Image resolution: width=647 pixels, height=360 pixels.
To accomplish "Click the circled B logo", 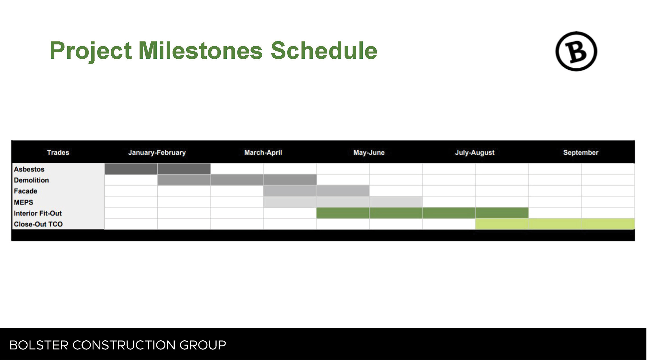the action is tap(576, 51).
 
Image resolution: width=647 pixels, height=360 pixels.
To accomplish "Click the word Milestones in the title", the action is tap(200, 51).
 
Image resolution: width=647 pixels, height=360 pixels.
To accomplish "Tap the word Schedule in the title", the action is tap(324, 51).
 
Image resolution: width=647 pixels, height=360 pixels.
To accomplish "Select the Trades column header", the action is tap(58, 152).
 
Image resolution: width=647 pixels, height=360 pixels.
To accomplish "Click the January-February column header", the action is tap(157, 152).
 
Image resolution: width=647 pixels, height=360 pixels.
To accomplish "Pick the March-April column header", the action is tap(263, 152).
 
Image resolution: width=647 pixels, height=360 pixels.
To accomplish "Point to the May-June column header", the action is tap(369, 152).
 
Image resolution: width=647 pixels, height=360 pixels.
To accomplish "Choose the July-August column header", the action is tap(475, 152).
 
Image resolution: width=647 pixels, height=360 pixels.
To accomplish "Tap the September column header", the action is tap(581, 152).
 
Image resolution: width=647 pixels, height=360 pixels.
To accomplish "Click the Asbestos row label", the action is tap(29, 169).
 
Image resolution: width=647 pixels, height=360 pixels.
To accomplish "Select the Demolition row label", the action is tap(32, 180).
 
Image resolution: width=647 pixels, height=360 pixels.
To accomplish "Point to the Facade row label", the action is tap(26, 191).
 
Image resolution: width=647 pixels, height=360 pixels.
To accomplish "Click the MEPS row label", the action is tap(24, 202).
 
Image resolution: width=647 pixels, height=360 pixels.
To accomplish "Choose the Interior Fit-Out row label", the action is tap(38, 213).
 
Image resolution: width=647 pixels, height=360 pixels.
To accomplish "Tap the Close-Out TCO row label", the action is tap(38, 224).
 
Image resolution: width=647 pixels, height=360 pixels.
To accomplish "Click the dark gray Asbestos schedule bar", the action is tap(158, 169).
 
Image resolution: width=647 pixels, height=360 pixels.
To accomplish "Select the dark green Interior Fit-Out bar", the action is tap(423, 213).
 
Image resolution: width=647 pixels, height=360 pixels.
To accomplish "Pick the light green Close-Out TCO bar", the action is tap(555, 224).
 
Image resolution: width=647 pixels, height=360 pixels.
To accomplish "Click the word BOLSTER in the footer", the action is tap(39, 345).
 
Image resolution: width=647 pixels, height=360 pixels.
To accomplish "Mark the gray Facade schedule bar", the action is tap(316, 191).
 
